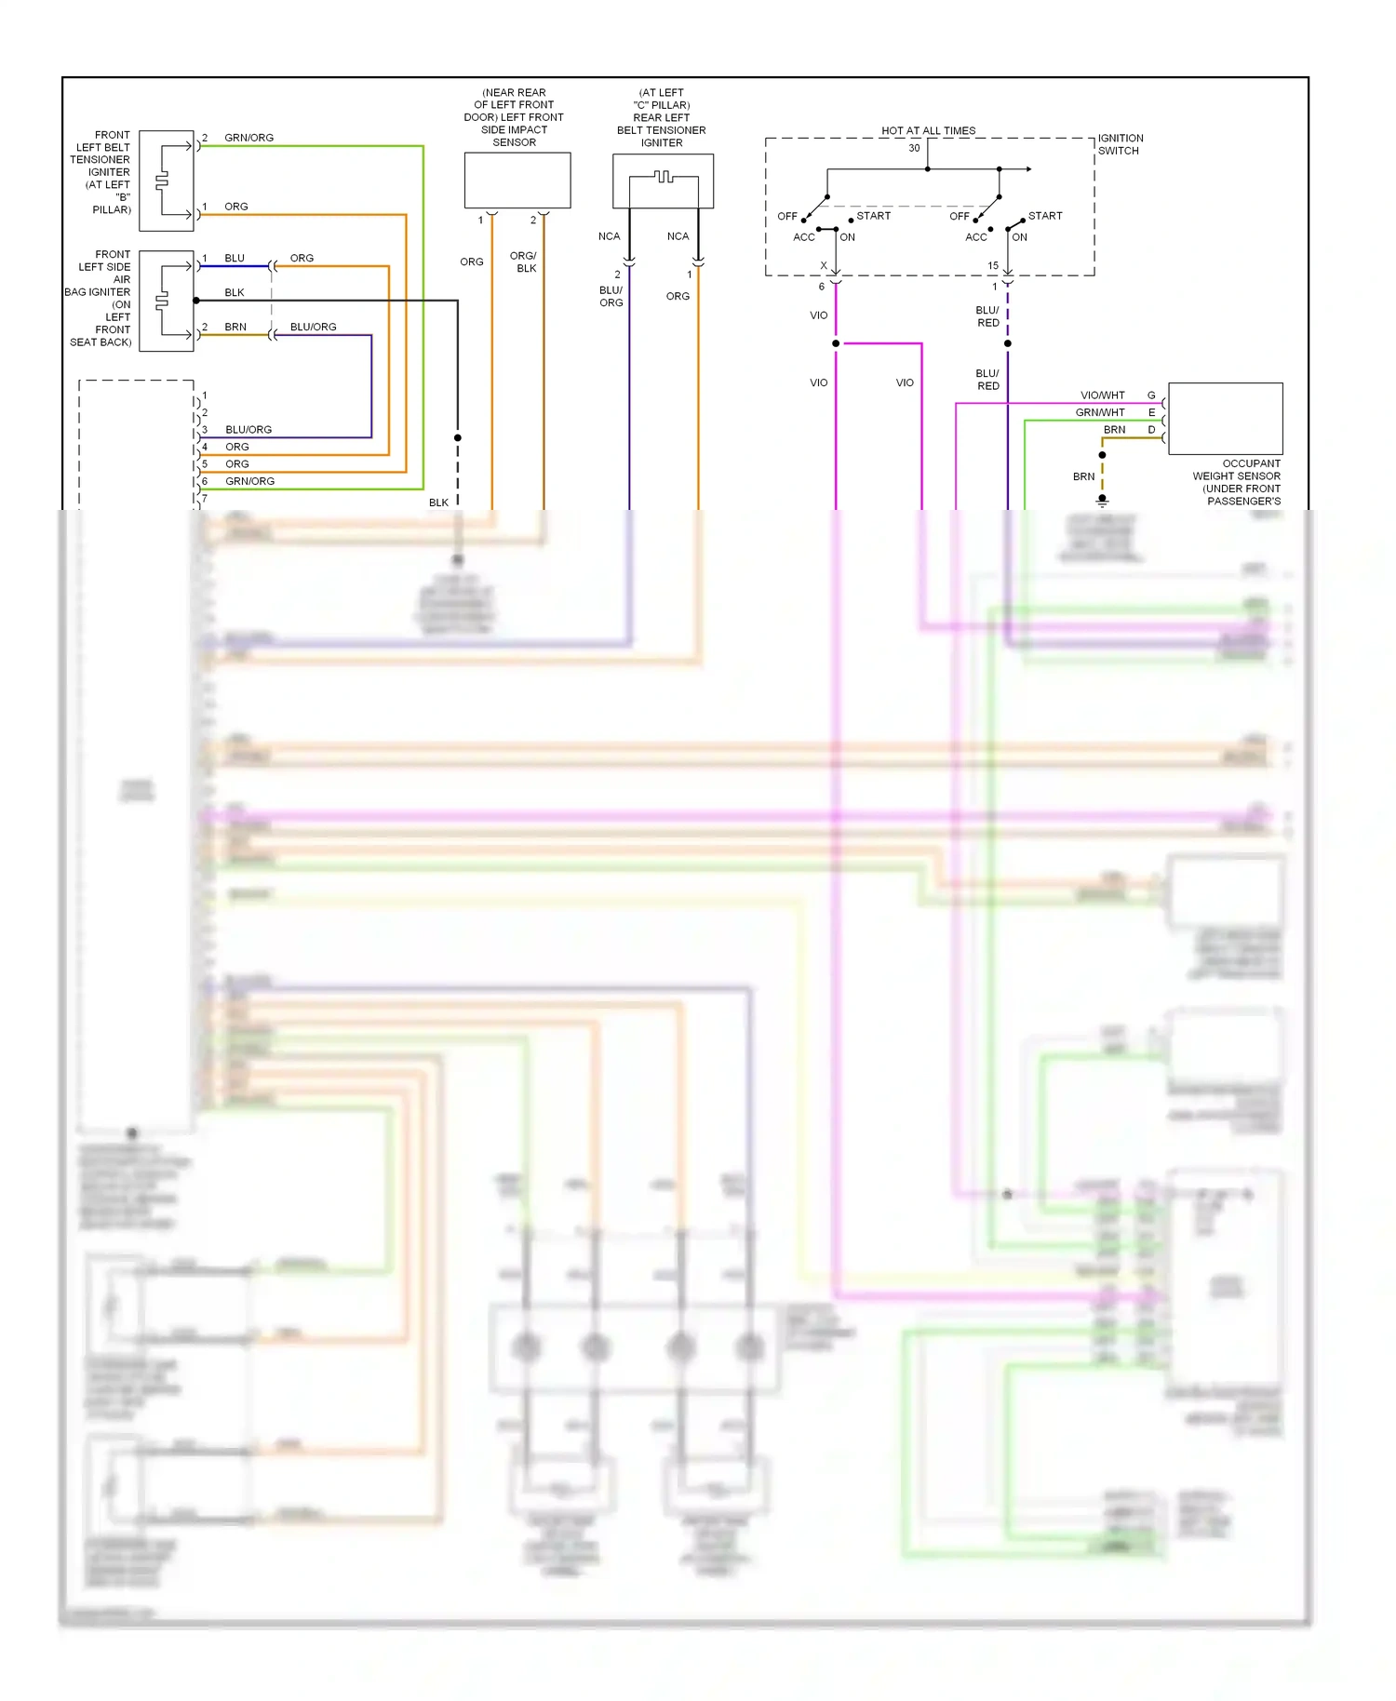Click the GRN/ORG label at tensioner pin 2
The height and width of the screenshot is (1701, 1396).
tap(248, 138)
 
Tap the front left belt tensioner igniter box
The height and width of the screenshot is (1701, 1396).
tap(166, 181)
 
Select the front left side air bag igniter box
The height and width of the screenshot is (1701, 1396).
tap(166, 301)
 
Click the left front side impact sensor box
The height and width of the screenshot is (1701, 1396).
tap(517, 181)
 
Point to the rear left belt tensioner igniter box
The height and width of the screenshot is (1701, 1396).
tap(663, 181)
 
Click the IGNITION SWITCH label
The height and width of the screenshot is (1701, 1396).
tap(1120, 144)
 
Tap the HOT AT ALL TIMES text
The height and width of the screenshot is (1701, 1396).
tap(928, 131)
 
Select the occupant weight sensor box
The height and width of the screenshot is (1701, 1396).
tap(1225, 418)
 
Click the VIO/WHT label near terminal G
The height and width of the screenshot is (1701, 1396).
tap(1102, 395)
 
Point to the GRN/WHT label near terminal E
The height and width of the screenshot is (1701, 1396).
tap(1100, 412)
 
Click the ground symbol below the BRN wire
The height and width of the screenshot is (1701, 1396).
tap(1102, 501)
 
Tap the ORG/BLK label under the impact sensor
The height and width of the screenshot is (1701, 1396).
tap(524, 261)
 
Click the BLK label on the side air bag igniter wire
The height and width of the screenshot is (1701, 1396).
tap(235, 292)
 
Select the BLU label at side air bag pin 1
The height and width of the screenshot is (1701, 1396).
tap(235, 258)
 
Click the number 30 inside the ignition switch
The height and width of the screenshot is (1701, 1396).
tap(914, 148)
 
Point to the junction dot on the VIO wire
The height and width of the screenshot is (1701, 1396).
tap(836, 343)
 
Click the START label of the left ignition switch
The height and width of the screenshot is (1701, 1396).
tap(873, 216)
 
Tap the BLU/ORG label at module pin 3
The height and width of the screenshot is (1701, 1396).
tap(248, 430)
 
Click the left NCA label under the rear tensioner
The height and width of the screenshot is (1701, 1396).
tap(609, 236)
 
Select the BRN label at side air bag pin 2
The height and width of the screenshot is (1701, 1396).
tap(235, 327)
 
